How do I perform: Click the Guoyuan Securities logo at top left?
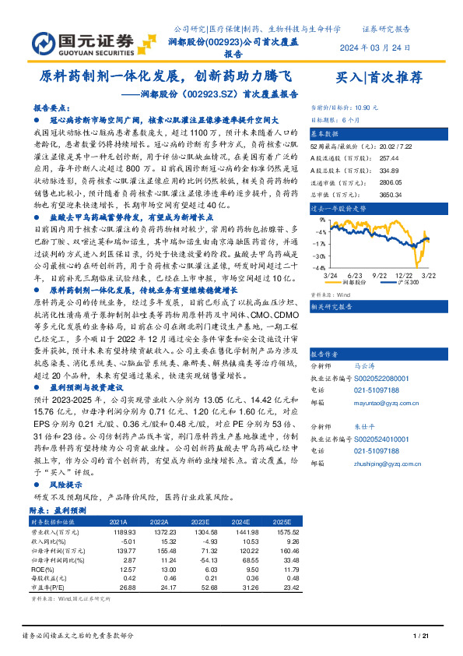(83, 41)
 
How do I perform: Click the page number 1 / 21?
(420, 637)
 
